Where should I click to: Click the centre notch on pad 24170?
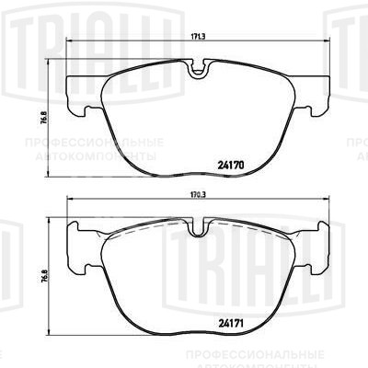click(195, 67)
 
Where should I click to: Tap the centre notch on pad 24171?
click(195, 226)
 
